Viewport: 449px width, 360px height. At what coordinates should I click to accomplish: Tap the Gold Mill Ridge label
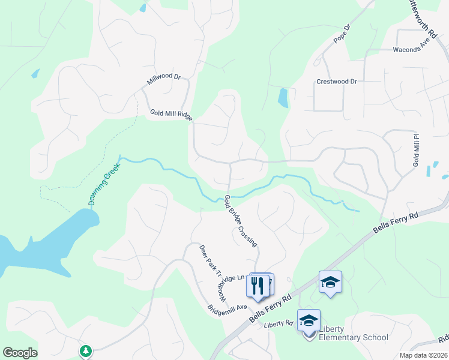point(171,114)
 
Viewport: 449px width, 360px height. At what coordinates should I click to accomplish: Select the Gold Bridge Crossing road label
point(240,221)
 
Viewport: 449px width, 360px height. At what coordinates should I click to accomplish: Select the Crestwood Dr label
point(336,82)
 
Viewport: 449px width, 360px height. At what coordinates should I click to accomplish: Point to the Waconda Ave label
point(412,50)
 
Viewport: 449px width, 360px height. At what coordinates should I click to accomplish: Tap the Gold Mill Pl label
point(415,151)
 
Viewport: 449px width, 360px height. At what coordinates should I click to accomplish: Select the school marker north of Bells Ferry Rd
point(330,282)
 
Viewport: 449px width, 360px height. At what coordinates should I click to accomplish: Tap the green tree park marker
point(86,350)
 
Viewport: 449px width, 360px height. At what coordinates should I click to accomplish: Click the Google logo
point(20,353)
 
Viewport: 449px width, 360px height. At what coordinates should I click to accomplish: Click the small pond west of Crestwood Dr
point(283,97)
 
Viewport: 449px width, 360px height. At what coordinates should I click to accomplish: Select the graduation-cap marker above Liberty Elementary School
point(309,321)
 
